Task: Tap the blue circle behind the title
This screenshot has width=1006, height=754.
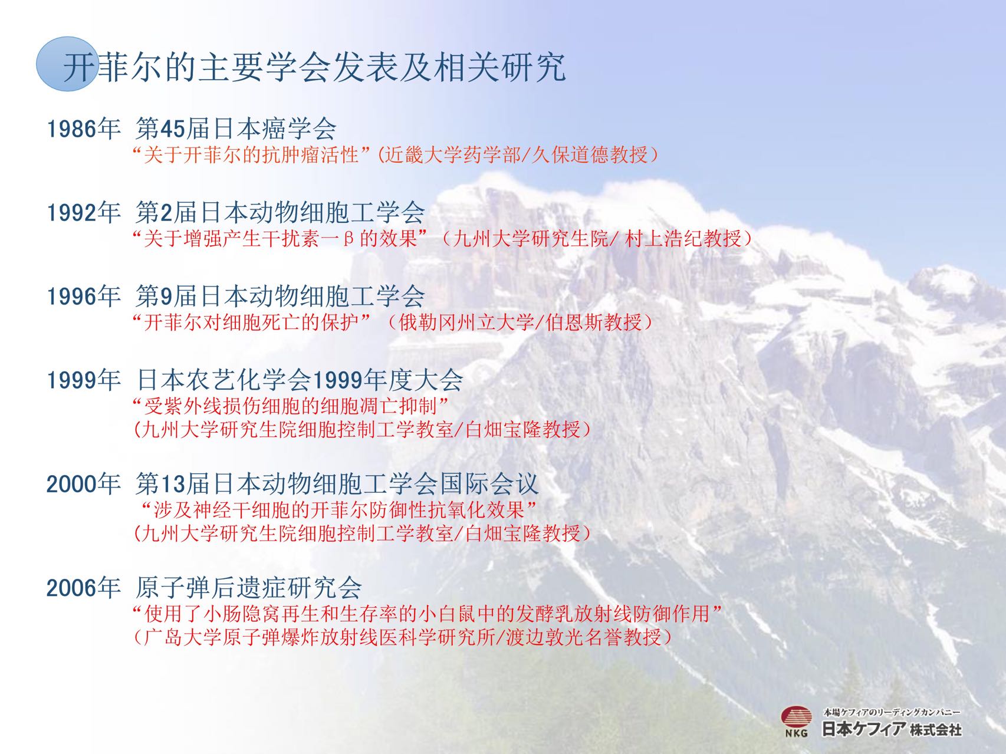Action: (x=66, y=64)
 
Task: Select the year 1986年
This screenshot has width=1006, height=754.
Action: (x=84, y=129)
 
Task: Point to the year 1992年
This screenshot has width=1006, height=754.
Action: (x=84, y=212)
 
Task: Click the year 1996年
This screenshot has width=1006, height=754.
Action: (x=84, y=296)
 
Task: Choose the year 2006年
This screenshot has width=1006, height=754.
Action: (x=84, y=588)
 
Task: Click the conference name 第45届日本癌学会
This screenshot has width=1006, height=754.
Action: (x=236, y=129)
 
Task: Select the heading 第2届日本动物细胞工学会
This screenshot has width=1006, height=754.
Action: (x=280, y=212)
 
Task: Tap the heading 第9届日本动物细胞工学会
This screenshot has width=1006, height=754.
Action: (x=280, y=296)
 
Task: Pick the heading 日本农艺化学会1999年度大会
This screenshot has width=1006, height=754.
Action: (x=300, y=380)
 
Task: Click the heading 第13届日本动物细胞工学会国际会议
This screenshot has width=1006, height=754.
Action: (x=337, y=484)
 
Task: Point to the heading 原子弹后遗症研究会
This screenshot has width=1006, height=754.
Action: (x=248, y=588)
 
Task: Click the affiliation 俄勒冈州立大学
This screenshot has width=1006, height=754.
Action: (x=466, y=322)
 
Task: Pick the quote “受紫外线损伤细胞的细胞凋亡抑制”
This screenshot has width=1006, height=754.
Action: (x=291, y=406)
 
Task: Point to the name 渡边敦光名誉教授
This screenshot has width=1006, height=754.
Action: (x=584, y=637)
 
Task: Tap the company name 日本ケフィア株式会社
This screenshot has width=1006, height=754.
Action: (x=892, y=729)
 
